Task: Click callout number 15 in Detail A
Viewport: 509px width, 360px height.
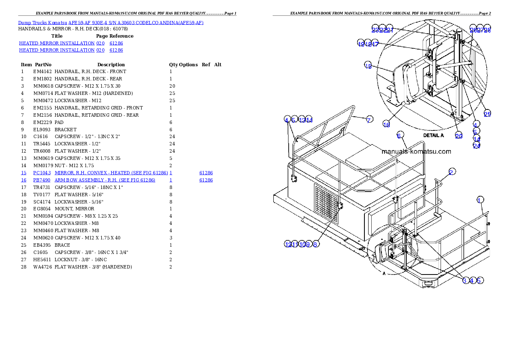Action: pyautogui.click(x=368, y=65)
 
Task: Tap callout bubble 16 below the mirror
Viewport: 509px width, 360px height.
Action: pyautogui.click(x=386, y=124)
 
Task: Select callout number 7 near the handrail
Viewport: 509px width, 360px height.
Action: pyautogui.click(x=369, y=120)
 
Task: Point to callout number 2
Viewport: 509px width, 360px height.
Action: pyautogui.click(x=452, y=171)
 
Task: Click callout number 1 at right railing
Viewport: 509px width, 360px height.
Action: pyautogui.click(x=480, y=200)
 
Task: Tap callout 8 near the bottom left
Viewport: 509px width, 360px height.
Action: pyautogui.click(x=315, y=244)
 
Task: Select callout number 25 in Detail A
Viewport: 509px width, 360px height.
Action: pyautogui.click(x=487, y=114)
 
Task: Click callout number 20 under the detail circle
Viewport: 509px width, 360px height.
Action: pyautogui.click(x=459, y=136)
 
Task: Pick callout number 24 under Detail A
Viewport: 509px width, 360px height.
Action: pyautogui.click(x=476, y=146)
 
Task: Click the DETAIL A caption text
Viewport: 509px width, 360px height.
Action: pyautogui.click(x=433, y=135)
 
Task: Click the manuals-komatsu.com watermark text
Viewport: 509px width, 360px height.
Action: pyautogui.click(x=416, y=151)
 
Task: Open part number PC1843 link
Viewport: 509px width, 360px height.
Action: pyautogui.click(x=42, y=173)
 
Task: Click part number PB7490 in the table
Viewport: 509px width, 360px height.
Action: pyautogui.click(x=42, y=180)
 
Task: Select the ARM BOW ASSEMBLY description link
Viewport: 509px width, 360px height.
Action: pyautogui.click(x=105, y=180)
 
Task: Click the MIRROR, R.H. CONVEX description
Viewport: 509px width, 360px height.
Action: pyautogui.click(x=111, y=173)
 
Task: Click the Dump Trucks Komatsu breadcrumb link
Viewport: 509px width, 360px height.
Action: pyautogui.click(x=110, y=22)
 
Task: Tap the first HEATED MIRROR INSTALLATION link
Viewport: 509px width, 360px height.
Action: pyautogui.click(x=56, y=43)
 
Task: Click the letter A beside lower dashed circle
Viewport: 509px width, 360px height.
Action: pyautogui.click(x=384, y=273)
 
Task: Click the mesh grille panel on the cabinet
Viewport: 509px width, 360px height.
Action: pyautogui.click(x=326, y=204)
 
